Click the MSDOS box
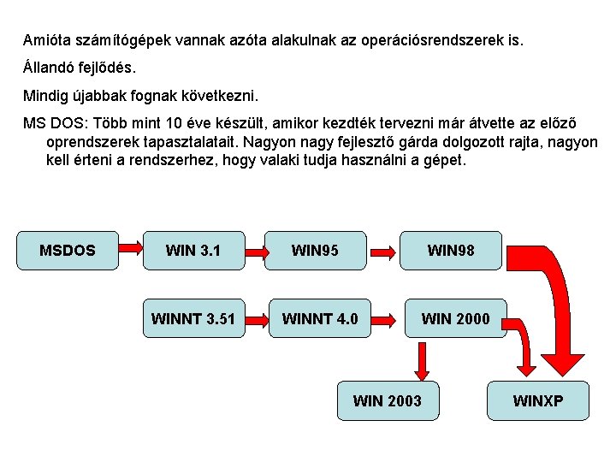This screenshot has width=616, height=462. (68, 251)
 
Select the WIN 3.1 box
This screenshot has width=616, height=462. (193, 251)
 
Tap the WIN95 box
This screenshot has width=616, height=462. (315, 251)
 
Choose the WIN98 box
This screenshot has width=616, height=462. (451, 251)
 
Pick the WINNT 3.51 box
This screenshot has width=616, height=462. (193, 319)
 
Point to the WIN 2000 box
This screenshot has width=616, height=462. (455, 319)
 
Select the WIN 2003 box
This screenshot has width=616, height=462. (388, 400)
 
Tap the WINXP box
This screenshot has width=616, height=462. (538, 400)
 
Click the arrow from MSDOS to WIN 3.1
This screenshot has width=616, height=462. (131, 248)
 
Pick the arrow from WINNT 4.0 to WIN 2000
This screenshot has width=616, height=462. (386, 321)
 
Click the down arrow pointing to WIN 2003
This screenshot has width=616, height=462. (421, 362)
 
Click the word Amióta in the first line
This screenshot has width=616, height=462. (48, 40)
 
